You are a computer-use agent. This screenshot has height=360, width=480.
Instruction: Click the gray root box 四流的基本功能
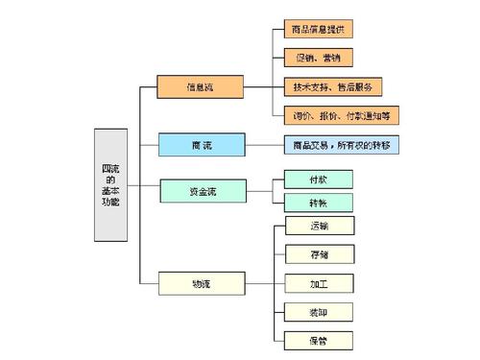coord(110,183)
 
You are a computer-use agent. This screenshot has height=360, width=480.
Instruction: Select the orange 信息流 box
coord(200,86)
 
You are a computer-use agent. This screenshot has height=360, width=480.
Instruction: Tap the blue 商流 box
coord(200,145)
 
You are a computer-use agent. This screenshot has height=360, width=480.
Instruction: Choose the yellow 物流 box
coord(200,283)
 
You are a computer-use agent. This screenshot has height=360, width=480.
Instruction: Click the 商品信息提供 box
coord(320,31)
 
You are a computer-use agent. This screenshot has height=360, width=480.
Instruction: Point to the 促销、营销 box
coord(320,59)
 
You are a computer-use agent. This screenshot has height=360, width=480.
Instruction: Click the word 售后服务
coord(364,87)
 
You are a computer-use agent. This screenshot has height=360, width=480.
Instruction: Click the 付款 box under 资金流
coord(319,178)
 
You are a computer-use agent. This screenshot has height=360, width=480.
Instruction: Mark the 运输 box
coord(320,227)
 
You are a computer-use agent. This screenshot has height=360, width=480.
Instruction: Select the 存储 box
coord(320,255)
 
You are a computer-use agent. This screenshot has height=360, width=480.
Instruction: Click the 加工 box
coord(320,283)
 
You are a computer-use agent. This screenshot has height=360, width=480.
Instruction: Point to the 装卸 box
coord(320,312)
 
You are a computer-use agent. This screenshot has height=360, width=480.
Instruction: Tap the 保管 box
coord(320,340)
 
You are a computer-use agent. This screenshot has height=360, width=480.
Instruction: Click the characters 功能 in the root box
coord(110,203)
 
